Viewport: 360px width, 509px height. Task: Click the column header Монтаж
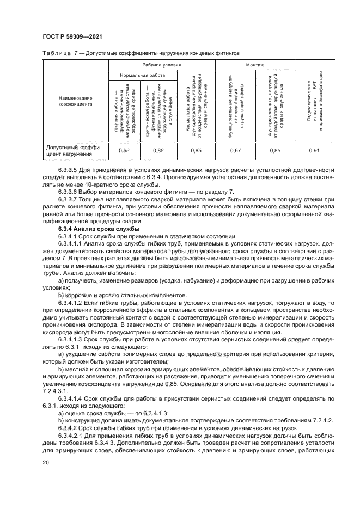tap(255, 64)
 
